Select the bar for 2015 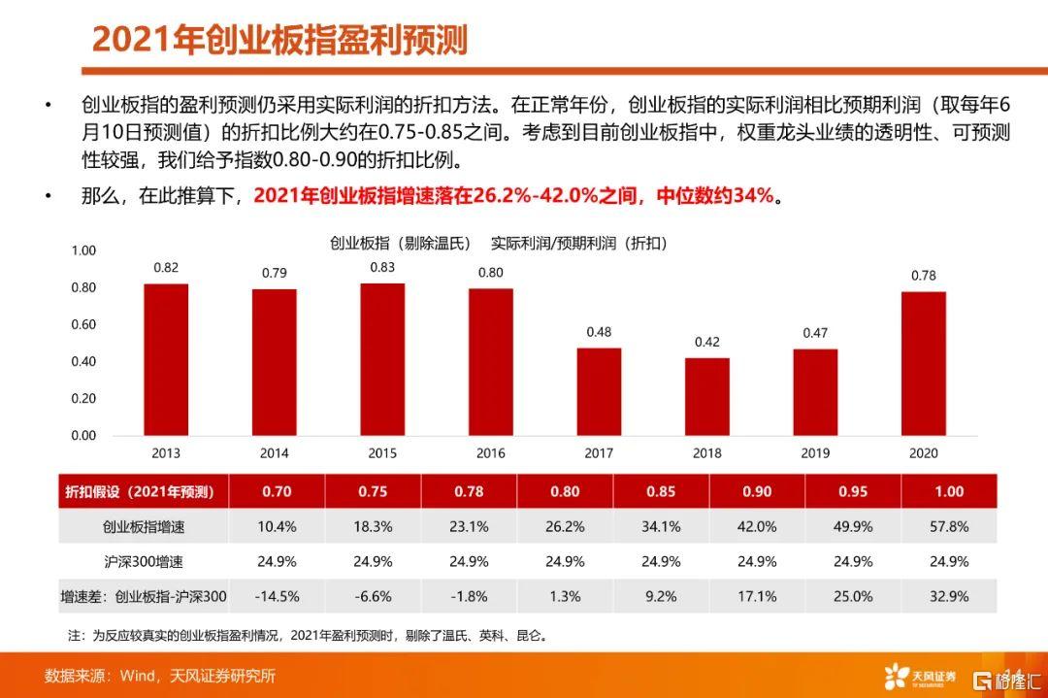[382, 359]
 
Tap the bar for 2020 [923, 363]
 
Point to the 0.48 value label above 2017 [599, 332]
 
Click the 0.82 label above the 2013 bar [166, 267]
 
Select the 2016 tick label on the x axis [491, 452]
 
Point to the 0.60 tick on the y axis [84, 324]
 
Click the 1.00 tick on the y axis [84, 250]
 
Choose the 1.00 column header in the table [949, 492]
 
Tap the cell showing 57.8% [949, 527]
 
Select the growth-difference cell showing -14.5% [276, 596]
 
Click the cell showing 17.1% [757, 596]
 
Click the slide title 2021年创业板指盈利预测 [279, 40]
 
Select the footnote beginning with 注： [308, 637]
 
